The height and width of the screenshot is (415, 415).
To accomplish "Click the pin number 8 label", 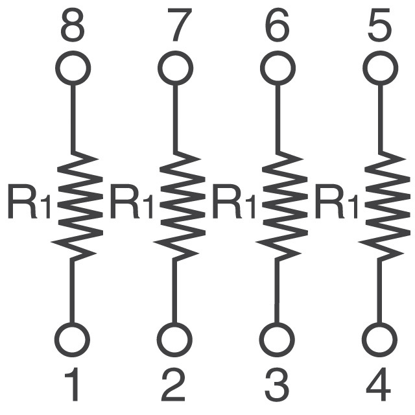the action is (x=73, y=25).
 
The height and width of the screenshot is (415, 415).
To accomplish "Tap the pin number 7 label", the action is (x=180, y=25).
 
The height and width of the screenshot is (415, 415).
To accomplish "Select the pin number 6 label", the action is (x=277, y=25).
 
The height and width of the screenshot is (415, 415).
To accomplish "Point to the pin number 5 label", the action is (x=379, y=25).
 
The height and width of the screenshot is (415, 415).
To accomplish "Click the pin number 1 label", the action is (x=72, y=385).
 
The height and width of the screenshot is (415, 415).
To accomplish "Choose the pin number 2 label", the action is (x=173, y=385).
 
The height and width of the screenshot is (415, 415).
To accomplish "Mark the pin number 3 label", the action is (x=277, y=385).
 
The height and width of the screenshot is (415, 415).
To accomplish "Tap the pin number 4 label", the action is (x=379, y=385).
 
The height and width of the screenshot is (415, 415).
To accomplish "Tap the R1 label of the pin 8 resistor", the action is (x=29, y=202).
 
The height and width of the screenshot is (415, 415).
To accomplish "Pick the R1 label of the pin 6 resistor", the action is (x=233, y=202).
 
